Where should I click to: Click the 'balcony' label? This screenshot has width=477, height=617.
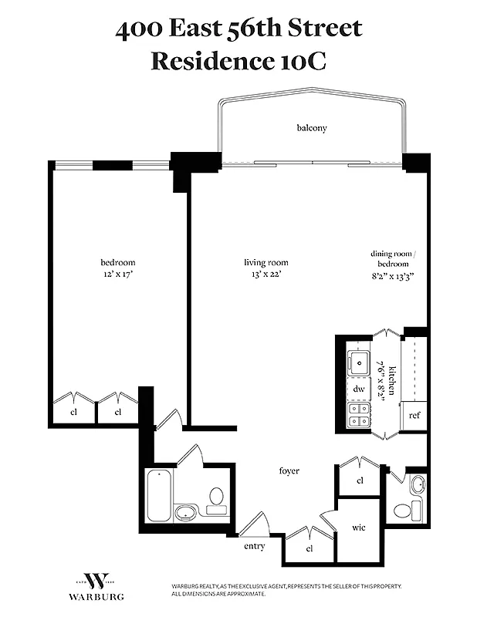pyautogui.click(x=312, y=128)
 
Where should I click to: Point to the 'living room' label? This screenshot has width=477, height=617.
pyautogui.click(x=266, y=262)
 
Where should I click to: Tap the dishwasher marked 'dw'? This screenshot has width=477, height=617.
pyautogui.click(x=359, y=389)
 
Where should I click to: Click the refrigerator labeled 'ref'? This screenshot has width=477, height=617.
pyautogui.click(x=414, y=416)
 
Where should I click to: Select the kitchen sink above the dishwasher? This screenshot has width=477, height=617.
pyautogui.click(x=359, y=361)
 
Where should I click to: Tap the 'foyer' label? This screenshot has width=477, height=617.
pyautogui.click(x=289, y=470)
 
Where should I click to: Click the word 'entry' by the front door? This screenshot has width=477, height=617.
pyautogui.click(x=254, y=546)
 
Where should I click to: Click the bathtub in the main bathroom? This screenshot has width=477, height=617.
pyautogui.click(x=160, y=495)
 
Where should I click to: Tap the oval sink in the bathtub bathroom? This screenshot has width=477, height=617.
pyautogui.click(x=185, y=511)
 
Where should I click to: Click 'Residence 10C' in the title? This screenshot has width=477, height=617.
pyautogui.click(x=238, y=61)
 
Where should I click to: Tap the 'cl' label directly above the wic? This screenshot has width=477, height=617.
pyautogui.click(x=360, y=480)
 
